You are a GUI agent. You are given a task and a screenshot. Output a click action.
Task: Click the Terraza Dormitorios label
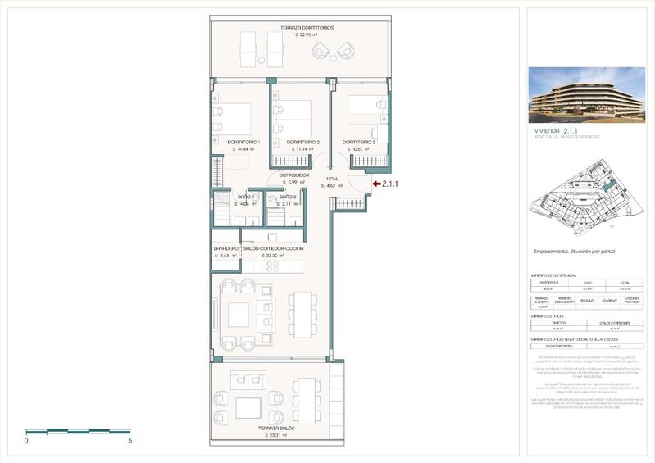tap(284, 27)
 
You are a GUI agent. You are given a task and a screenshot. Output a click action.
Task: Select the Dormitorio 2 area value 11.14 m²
tap(302, 150)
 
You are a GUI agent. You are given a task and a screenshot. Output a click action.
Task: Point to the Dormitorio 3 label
tap(361, 143)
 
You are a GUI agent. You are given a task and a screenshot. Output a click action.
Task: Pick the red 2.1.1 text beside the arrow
tap(390, 184)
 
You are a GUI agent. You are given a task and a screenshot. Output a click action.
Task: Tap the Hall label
tap(332, 178)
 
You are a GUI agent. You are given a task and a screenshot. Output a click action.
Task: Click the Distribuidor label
tap(293, 175)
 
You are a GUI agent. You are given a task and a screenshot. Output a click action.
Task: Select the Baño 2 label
tap(288, 197)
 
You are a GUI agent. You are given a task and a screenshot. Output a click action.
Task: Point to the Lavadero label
tap(225, 247)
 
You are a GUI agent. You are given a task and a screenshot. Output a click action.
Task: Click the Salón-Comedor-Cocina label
tap(274, 247)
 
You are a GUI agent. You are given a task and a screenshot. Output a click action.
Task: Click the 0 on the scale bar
tap(26, 441)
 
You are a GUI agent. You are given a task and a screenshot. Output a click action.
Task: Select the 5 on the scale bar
tap(130, 441)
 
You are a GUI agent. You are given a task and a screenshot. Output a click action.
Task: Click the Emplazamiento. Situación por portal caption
tap(575, 252)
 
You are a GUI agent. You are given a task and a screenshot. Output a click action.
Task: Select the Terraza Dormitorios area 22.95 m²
tap(284, 34)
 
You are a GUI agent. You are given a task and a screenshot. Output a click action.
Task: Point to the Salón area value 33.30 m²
tap(274, 256)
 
